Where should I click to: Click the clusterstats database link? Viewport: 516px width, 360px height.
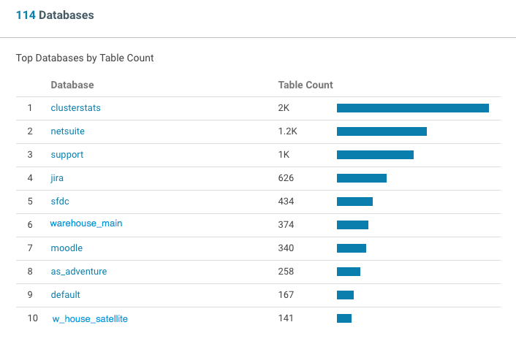click(75, 108)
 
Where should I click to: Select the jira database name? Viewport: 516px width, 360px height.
click(58, 178)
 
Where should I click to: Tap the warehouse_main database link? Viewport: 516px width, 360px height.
click(86, 223)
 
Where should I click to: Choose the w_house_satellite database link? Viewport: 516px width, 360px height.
click(90, 319)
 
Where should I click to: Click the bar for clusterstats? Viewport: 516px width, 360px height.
click(412, 108)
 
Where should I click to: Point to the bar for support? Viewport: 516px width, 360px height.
click(375, 155)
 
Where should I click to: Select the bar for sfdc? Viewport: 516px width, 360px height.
click(354, 202)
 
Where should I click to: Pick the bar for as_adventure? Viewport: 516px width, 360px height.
click(349, 272)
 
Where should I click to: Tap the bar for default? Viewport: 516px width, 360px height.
click(345, 295)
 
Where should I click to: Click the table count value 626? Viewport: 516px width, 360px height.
click(287, 178)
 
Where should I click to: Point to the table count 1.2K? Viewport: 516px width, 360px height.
click(288, 131)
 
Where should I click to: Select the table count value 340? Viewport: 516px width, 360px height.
click(286, 248)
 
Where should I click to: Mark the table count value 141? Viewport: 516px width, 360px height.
click(286, 318)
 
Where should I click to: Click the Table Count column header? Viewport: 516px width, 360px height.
click(306, 85)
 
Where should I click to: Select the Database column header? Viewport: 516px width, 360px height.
click(72, 85)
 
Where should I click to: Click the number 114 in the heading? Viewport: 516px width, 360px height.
click(26, 15)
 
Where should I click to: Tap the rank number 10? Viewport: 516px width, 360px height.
click(33, 318)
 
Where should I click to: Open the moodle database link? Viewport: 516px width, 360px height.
click(67, 248)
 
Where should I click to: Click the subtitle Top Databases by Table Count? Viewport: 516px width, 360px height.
click(85, 58)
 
